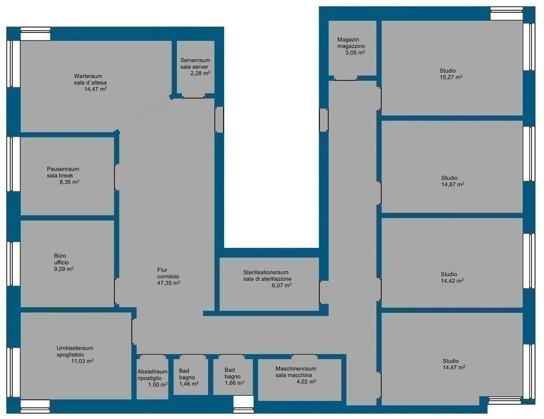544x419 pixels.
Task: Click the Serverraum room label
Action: pyautogui.click(x=195, y=61)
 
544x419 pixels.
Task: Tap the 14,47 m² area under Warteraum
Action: pyautogui.click(x=96, y=89)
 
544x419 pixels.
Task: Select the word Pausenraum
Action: pyautogui.click(x=63, y=169)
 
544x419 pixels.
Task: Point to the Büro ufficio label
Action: pyautogui.click(x=62, y=259)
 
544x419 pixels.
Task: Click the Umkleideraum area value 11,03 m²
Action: pyautogui.click(x=82, y=361)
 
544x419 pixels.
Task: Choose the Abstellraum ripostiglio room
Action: pyautogui.click(x=152, y=377)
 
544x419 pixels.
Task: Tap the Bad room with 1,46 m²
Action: pyautogui.click(x=191, y=377)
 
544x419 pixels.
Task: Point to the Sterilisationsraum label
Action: pyautogui.click(x=266, y=272)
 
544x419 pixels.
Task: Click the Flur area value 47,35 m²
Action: pyautogui.click(x=168, y=283)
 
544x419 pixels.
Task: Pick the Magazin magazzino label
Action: pyautogui.click(x=351, y=42)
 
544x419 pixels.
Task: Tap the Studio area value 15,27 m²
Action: pyautogui.click(x=451, y=77)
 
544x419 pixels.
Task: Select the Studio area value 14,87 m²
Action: pyautogui.click(x=453, y=184)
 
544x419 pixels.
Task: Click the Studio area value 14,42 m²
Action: pyautogui.click(x=452, y=280)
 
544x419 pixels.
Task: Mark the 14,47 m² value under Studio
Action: pyautogui.click(x=454, y=367)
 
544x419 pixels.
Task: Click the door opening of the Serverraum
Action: pyautogui.click(x=193, y=98)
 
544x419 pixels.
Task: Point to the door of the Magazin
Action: pyautogui.click(x=345, y=80)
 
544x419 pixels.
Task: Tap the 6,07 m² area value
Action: pyautogui.click(x=282, y=286)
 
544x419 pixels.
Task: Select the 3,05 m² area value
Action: pyautogui.click(x=355, y=53)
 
